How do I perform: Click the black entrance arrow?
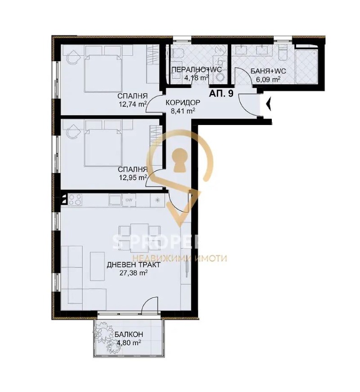coord(268,104)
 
